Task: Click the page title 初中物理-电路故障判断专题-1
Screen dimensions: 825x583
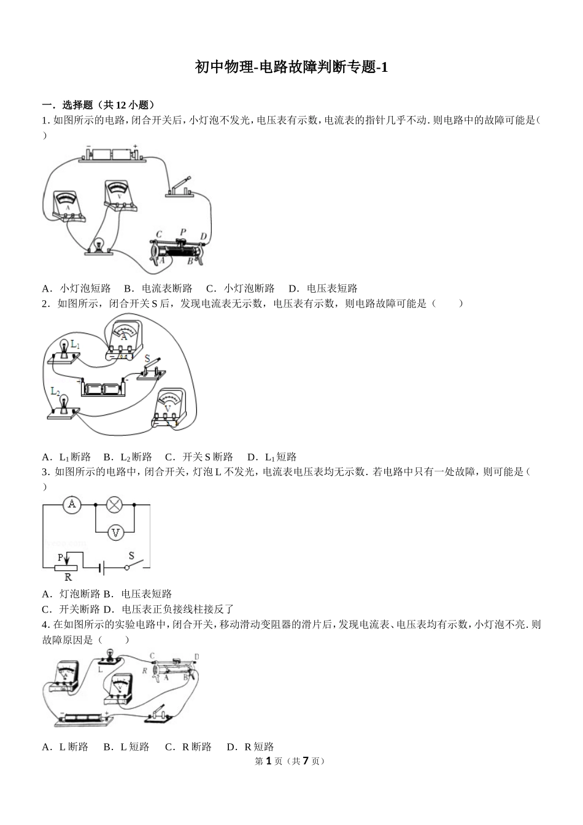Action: pos(291,68)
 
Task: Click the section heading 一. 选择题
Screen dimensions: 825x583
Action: pos(98,105)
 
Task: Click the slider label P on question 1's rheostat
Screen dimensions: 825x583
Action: pos(182,232)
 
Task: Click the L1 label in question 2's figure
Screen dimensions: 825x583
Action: pos(75,345)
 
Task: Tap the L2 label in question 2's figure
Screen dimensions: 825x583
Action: pos(55,391)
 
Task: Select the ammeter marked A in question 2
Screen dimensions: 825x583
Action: pos(125,338)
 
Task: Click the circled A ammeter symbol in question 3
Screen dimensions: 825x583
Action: pos(72,505)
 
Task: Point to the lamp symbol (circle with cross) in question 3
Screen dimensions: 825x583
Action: pos(115,505)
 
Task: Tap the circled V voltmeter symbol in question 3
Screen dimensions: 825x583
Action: pos(115,533)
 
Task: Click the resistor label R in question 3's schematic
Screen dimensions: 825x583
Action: pos(68,577)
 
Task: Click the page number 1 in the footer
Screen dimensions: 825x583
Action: pos(268,761)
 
